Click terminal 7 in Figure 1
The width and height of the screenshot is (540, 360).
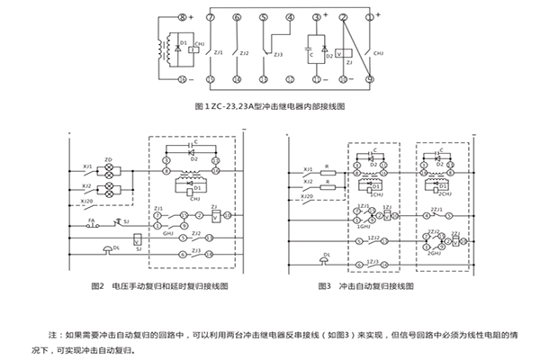211,17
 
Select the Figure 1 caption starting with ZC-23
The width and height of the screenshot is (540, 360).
270,105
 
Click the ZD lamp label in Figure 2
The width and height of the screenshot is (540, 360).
108,160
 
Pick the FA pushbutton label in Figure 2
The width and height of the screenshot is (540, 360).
92,219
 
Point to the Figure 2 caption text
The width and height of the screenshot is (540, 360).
162,287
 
